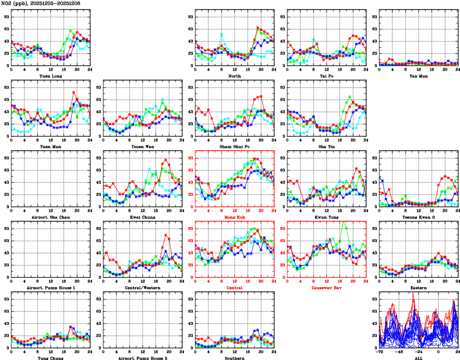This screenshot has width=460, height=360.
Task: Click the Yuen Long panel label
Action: pos(51,76)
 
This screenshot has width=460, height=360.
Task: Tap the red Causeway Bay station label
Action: pos(326,288)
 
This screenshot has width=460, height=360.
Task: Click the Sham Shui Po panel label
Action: pos(235,146)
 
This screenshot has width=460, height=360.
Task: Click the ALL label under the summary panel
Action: pos(418,358)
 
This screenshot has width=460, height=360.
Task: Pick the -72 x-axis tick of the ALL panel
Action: pos(379,352)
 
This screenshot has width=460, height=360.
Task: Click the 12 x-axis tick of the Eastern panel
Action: pos(419,281)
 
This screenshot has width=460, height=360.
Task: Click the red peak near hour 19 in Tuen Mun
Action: pos(74,92)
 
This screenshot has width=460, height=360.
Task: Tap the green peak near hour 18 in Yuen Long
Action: pos(71,30)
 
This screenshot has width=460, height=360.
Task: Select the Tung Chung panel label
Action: pos(51,358)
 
